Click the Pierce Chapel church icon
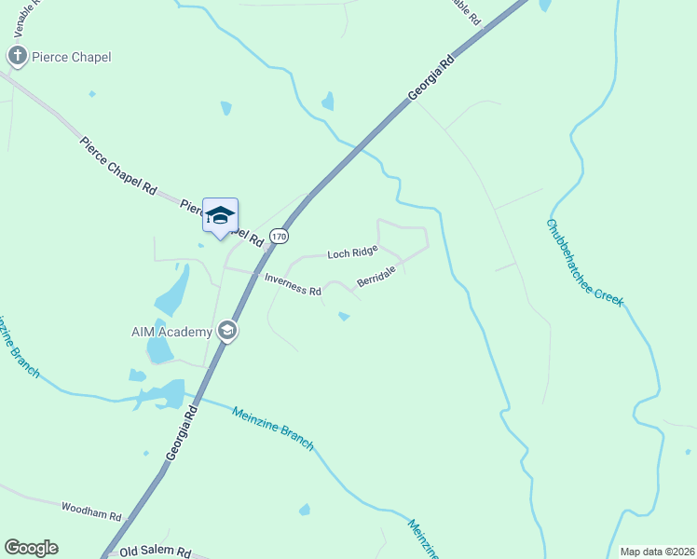(x=17, y=57)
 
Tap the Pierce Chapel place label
(x=71, y=57)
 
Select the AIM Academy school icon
(x=226, y=331)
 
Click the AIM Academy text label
(x=172, y=331)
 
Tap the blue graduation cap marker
(x=220, y=216)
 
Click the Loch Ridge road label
(x=352, y=252)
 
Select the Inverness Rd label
(x=293, y=284)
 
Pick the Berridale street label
(x=376, y=276)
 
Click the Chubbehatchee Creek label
(x=583, y=262)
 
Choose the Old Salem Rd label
(x=156, y=552)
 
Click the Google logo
(x=31, y=548)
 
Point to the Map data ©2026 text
(x=657, y=552)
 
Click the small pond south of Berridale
(x=344, y=317)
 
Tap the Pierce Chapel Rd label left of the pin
(x=117, y=165)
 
